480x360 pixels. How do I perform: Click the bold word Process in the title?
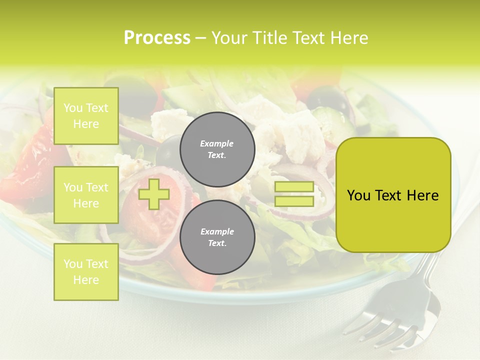click(157, 37)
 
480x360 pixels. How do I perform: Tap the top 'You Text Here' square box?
click(86, 116)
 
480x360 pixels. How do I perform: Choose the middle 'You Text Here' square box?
click(86, 195)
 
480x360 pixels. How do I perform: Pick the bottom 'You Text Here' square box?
click(86, 271)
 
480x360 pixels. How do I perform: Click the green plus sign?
click(154, 194)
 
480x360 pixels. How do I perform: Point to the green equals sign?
click(294, 194)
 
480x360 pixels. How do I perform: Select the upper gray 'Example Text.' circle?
click(217, 149)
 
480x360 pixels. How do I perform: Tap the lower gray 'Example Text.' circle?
click(217, 237)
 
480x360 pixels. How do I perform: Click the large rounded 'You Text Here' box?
click(393, 195)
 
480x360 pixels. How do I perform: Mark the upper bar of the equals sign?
click(294, 187)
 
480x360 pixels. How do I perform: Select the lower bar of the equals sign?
click(294, 201)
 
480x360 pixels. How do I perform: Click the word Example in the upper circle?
click(216, 143)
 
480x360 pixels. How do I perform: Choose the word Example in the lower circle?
click(217, 231)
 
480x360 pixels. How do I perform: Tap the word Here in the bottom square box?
click(86, 280)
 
